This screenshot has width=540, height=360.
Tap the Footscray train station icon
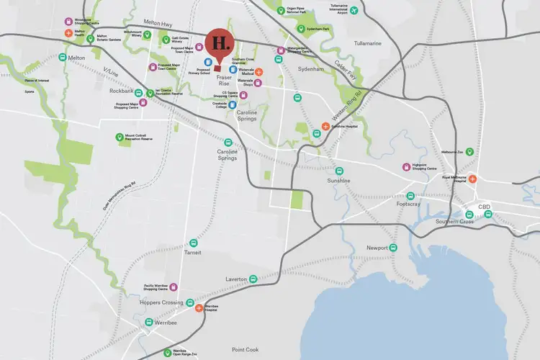point(410,195)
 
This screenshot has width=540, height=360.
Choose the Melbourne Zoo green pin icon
point(469,152)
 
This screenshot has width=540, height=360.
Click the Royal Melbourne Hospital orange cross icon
point(473,178)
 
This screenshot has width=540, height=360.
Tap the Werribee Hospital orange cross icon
point(199,308)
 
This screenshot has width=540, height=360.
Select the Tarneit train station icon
point(192,243)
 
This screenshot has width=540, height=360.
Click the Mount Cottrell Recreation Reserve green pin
point(120,137)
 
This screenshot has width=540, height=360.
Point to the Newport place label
point(378,248)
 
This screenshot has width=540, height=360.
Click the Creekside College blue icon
point(233,105)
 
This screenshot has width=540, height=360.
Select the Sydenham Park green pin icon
point(300,29)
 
